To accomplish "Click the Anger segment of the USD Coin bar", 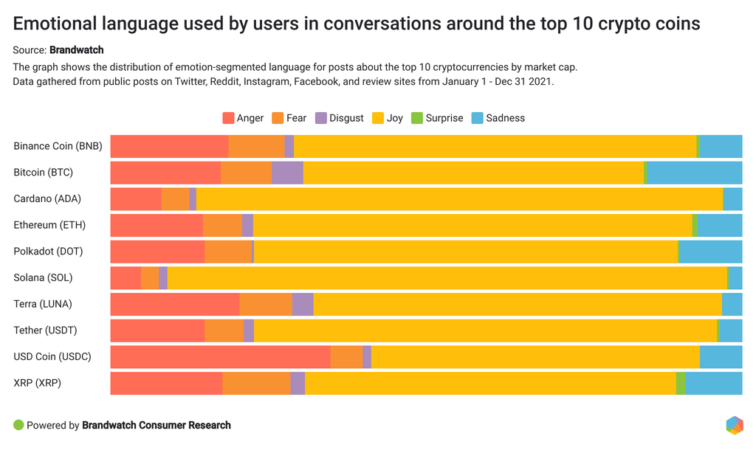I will coord(220,357).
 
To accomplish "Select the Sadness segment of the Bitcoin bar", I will coord(695,173).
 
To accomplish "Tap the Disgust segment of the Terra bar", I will coord(303,304).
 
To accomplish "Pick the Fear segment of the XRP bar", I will coord(256,384).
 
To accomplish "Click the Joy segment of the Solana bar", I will coord(447,278).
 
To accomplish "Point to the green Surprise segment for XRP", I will coord(681,384).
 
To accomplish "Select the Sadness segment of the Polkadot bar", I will coord(710,252).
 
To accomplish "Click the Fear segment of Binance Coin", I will coord(256,146).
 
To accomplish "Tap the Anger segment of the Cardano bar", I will coord(136,199).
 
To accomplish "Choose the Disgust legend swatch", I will coord(320,118).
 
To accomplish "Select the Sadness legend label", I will coord(506,118).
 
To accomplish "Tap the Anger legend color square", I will coord(228,118).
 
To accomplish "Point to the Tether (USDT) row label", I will coord(45,330).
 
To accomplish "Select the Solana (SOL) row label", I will coord(43,278).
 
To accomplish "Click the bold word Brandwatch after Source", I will coord(76,50).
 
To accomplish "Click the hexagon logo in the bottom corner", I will coord(734,426).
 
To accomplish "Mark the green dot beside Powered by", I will coord(18,426).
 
